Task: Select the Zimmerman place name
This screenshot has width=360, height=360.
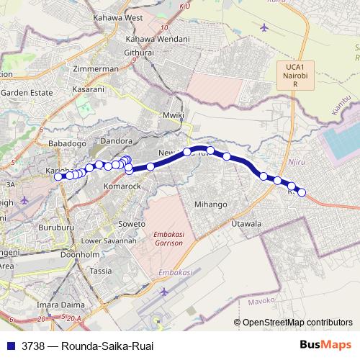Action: [96, 68]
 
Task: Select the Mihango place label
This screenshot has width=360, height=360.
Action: [211, 204]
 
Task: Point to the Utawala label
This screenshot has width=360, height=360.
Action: [246, 225]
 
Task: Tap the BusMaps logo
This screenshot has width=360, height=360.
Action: [325, 345]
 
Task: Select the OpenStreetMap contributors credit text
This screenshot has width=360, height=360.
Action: [297, 322]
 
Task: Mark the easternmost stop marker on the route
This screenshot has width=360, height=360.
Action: [302, 192]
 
